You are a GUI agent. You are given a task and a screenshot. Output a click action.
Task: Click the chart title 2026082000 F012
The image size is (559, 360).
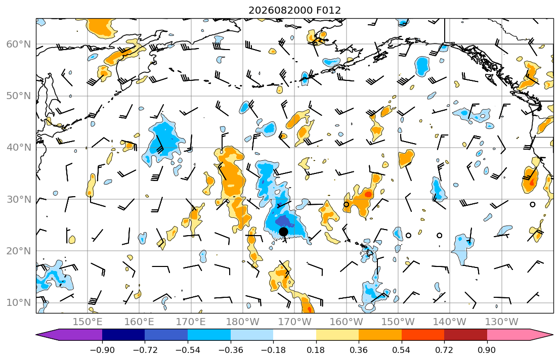click(294, 10)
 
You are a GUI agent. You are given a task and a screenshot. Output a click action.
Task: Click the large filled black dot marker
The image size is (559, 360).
click(283, 232)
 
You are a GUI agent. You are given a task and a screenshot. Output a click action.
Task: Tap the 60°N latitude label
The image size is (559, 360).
click(19, 44)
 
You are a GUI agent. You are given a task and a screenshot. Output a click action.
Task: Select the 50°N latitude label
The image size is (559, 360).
click(19, 96)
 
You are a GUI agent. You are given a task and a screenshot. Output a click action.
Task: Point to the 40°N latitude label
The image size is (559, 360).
click(19, 147)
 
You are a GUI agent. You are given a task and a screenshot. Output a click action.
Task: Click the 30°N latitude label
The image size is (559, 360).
click(19, 199)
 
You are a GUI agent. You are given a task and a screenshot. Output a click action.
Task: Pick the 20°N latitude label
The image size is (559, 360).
click(19, 251)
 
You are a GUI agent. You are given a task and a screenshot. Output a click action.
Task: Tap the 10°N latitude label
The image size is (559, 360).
click(19, 303)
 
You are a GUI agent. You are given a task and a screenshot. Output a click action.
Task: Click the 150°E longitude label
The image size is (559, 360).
click(88, 322)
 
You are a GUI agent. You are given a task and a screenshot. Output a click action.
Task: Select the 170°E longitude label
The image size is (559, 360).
click(191, 322)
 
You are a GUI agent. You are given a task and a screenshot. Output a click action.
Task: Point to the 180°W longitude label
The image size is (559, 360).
click(243, 322)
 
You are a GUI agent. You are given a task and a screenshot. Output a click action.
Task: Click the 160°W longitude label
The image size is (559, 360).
click(346, 322)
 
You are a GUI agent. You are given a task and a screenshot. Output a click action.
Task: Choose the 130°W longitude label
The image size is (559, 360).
click(502, 322)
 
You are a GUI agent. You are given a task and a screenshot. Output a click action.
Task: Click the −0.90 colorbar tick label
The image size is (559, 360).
click(102, 350)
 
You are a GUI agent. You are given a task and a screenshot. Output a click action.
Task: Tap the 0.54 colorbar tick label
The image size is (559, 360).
click(402, 350)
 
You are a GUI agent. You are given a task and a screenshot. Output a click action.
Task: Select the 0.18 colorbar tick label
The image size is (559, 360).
click(316, 350)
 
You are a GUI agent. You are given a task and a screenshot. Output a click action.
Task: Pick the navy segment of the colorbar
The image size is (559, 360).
click(123, 335)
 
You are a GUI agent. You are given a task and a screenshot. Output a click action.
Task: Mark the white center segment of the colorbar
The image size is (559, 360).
click(294, 335)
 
